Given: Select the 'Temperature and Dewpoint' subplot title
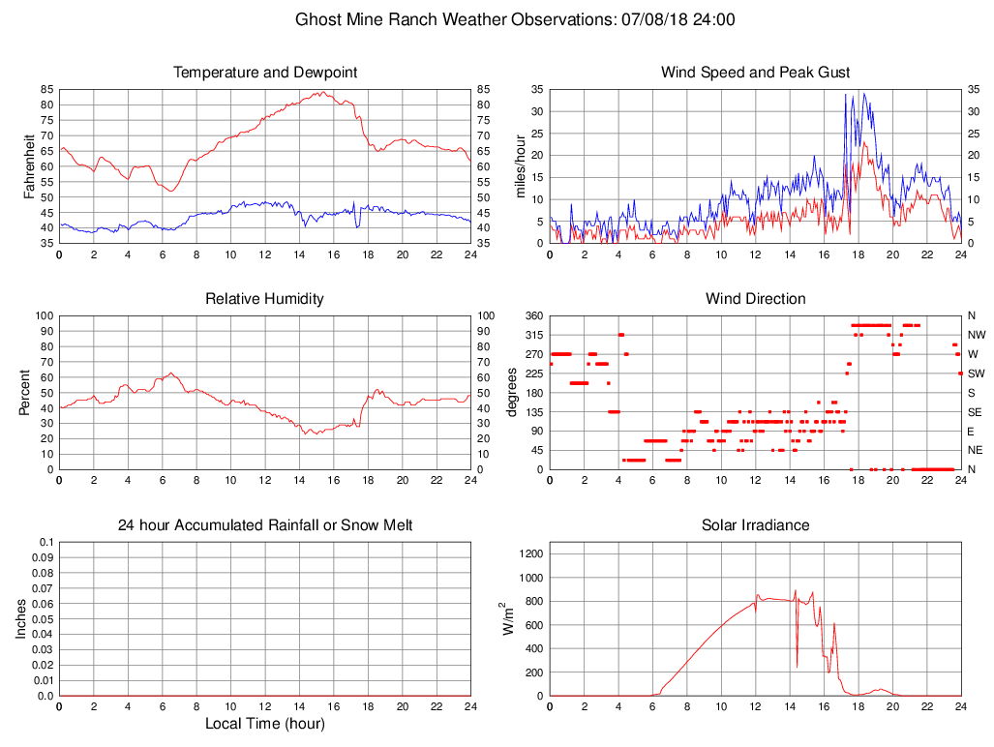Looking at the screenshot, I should [x=265, y=73].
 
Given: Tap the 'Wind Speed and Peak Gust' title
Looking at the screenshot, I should [x=755, y=73].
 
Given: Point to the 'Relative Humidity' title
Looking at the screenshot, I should [x=264, y=299].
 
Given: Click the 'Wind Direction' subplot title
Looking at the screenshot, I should [x=755, y=299].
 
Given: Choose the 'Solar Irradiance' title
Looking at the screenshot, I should [x=755, y=525].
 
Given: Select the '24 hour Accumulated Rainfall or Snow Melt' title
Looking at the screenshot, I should [x=265, y=525].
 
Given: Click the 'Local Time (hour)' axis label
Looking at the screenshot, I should [x=264, y=724].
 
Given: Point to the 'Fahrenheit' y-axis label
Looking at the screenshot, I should [x=29, y=165].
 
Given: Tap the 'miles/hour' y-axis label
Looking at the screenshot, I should [x=521, y=165].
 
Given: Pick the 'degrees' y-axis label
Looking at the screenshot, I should [x=513, y=392].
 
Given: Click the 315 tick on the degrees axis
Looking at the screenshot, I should [x=531, y=335].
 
